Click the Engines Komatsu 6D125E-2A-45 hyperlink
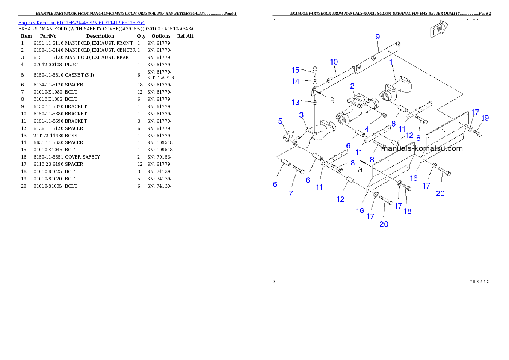click(x=81, y=23)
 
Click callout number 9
click(x=378, y=37)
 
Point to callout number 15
click(x=296, y=70)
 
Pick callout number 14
click(x=296, y=81)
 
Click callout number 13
click(x=296, y=103)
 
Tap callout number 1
click(x=391, y=62)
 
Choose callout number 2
click(x=352, y=86)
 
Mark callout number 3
click(x=302, y=115)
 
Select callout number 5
click(x=281, y=121)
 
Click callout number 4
click(x=367, y=128)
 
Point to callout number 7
click(x=291, y=194)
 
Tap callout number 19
click(x=485, y=118)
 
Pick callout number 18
click(x=408, y=211)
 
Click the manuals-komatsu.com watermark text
click(x=422, y=149)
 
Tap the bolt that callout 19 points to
click(x=479, y=132)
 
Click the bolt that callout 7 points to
click(x=298, y=170)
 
